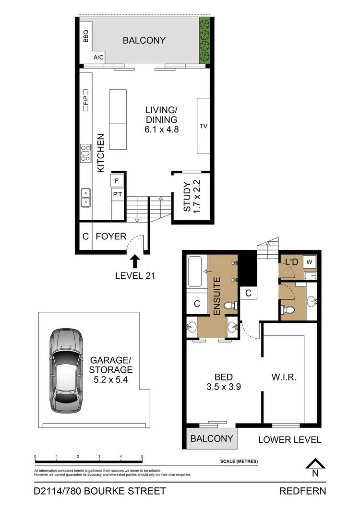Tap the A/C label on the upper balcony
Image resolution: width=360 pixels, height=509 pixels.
[x=98, y=58]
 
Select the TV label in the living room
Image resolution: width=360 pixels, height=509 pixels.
[x=203, y=127]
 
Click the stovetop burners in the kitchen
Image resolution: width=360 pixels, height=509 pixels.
[x=86, y=153]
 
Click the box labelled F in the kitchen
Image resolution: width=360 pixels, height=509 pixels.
[x=117, y=180]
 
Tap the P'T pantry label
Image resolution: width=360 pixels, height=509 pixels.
[x=117, y=195]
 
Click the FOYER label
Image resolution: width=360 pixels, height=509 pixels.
[x=111, y=237]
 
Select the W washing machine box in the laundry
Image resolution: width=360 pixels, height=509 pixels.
[x=310, y=262]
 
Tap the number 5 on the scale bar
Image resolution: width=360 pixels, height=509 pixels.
[x=142, y=457]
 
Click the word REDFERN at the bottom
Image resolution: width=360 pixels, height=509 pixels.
[x=302, y=491]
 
